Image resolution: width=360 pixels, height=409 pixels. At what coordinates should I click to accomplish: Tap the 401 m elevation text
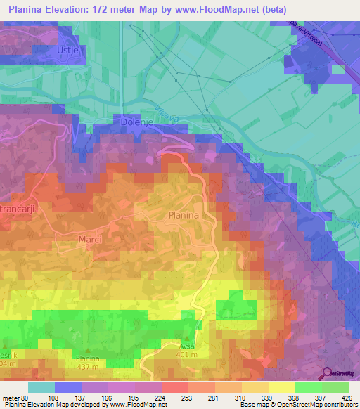186,354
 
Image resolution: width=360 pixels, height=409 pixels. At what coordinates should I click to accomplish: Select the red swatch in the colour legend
174,387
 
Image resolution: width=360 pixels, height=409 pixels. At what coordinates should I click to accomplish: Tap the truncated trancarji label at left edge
19,209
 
